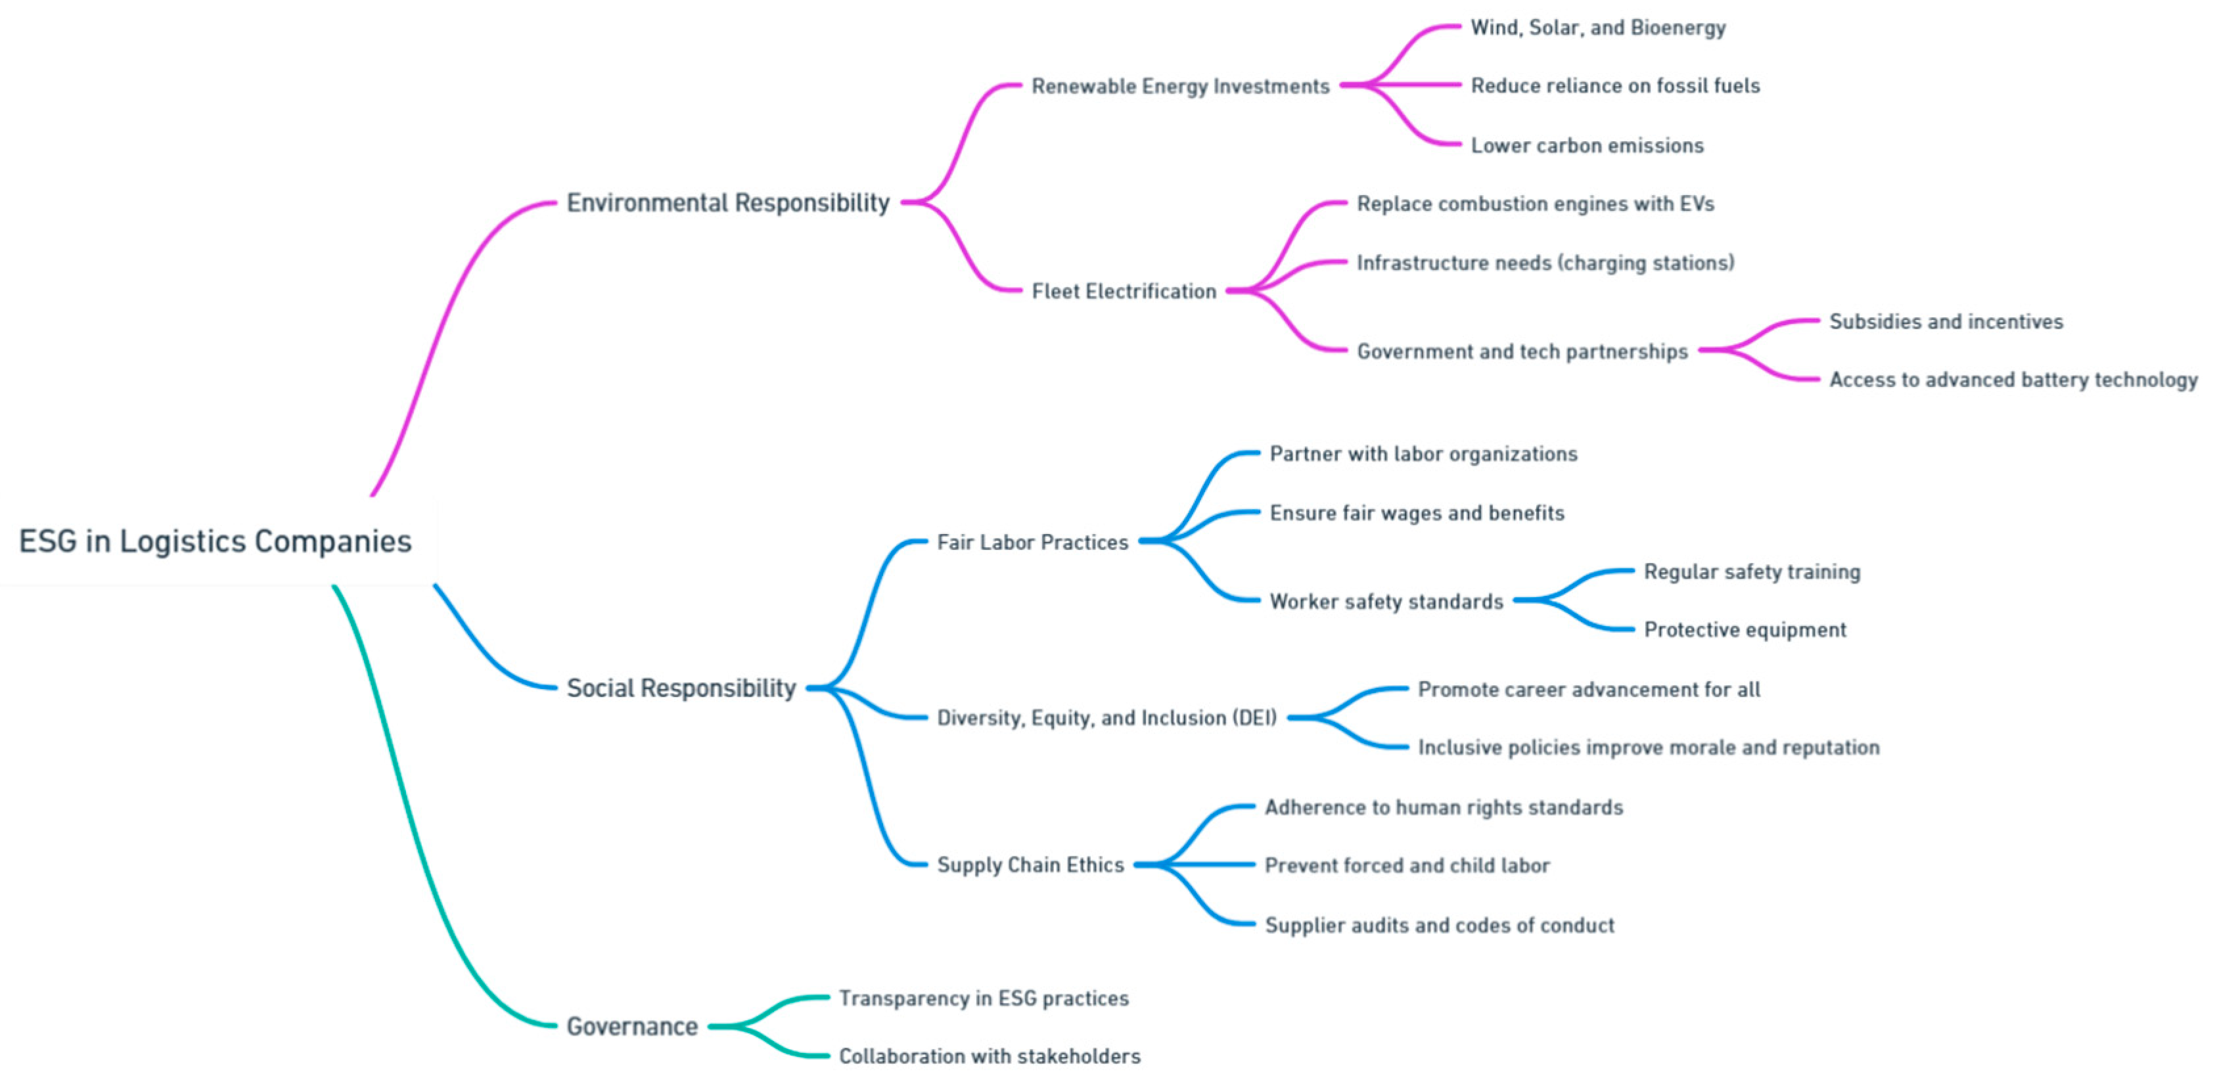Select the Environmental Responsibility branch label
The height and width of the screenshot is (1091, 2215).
coord(727,203)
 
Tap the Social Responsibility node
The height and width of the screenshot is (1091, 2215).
coord(681,688)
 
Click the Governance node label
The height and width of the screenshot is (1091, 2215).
coord(632,1027)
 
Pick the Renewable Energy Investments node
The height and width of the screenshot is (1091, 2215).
coord(1179,86)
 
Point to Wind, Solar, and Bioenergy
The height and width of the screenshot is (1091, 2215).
coord(1597,28)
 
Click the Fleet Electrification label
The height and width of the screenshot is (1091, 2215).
coord(1124,292)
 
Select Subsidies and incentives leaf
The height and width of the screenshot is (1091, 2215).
coord(1946,322)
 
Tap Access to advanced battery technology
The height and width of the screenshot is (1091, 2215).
coord(2013,380)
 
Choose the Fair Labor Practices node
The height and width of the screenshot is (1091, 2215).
coord(1032,543)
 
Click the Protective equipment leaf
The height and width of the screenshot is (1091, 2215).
coord(1745,630)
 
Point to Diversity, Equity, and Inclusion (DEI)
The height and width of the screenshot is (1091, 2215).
coord(1107,718)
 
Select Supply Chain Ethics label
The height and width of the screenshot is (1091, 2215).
coord(1030,865)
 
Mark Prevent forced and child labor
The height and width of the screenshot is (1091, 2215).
coord(1407,866)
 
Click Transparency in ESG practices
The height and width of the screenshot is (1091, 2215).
coord(984,998)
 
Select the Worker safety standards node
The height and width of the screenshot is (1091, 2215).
coord(1386,602)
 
